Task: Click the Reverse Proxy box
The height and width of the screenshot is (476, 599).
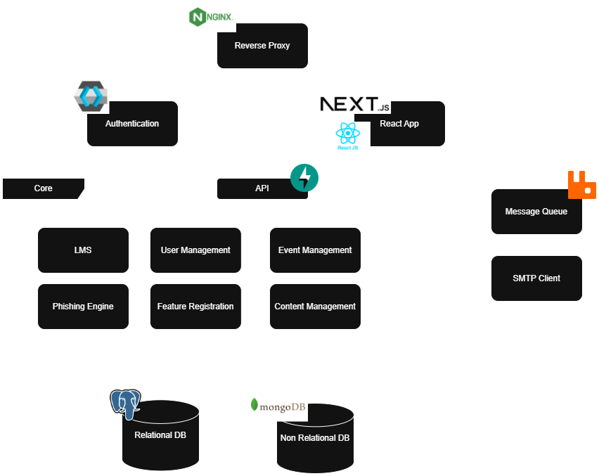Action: tap(262, 46)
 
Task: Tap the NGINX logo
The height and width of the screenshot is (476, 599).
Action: tap(210, 17)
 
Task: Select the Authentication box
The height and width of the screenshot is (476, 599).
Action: tap(132, 124)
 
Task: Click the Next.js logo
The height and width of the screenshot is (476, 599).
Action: tap(354, 104)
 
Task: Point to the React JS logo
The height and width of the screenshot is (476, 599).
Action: tap(347, 136)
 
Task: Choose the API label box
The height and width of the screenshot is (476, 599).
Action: tap(262, 188)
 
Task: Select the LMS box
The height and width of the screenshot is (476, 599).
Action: tap(83, 250)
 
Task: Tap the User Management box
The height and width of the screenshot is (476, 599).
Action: tap(195, 250)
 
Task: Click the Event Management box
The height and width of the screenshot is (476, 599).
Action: tap(315, 250)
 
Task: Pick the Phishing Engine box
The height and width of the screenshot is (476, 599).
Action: tap(83, 307)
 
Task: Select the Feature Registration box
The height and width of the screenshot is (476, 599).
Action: tap(195, 307)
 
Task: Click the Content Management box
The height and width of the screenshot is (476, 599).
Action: tap(315, 307)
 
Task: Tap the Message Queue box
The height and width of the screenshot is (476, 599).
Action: tap(536, 212)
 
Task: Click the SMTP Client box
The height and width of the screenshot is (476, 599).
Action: tap(536, 278)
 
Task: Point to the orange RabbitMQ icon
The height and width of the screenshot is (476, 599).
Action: tap(581, 184)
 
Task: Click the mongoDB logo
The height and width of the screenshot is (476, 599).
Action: tap(278, 406)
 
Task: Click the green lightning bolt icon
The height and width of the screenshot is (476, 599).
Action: tap(304, 179)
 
